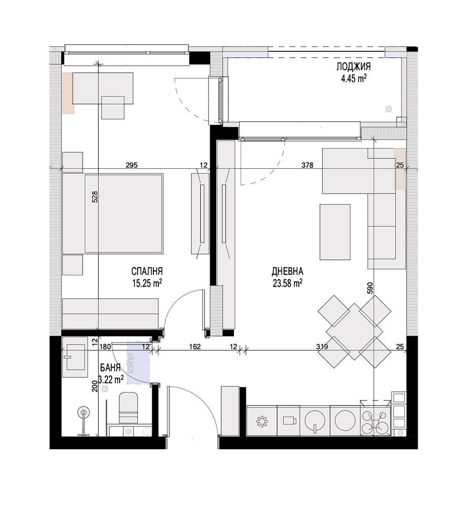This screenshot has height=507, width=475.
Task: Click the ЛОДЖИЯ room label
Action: tap(353, 67)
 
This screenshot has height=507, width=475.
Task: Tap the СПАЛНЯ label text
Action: tap(147, 271)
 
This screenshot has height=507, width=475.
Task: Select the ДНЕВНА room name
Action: tap(287, 271)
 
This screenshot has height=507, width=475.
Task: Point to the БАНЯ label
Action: tap(110, 368)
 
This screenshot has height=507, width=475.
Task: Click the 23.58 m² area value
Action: tap(288, 283)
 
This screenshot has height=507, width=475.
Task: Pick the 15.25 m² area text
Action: tap(147, 283)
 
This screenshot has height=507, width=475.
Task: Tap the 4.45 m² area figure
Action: tap(354, 79)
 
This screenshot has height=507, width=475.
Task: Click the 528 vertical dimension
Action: tap(95, 197)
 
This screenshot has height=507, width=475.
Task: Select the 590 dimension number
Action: tap(370, 288)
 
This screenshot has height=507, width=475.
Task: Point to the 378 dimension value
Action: tap(308, 165)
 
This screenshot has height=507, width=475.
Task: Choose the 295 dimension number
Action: tap(132, 165)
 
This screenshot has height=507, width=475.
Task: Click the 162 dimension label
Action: tap(195, 347)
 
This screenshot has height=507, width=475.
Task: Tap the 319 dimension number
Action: tap(322, 347)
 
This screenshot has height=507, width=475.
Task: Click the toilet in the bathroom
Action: tap(128, 408)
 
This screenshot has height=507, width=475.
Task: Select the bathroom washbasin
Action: tap(75, 357)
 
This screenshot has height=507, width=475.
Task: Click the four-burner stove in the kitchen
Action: tap(375, 419)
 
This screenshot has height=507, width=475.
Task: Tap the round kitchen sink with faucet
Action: tap(315, 420)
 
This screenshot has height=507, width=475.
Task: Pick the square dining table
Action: tap(355, 332)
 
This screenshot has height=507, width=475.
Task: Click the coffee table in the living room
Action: tap(335, 232)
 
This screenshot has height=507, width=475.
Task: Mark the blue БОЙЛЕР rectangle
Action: tap(138, 363)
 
